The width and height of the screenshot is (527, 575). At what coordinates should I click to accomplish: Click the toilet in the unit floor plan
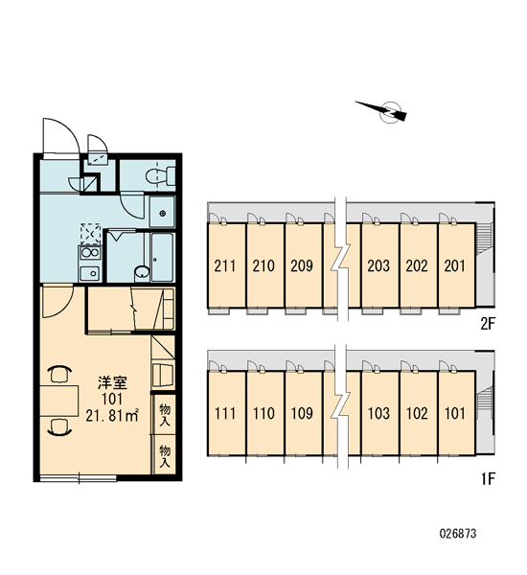[x=161, y=176]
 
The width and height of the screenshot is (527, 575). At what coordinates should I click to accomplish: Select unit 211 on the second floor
[x=226, y=265]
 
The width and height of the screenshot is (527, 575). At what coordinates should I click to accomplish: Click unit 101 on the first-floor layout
[x=456, y=414]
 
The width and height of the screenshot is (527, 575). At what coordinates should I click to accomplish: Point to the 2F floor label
[x=488, y=324]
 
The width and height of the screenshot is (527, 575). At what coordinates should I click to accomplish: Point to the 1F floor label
[x=488, y=479]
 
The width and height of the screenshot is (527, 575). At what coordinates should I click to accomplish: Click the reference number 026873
[x=458, y=533]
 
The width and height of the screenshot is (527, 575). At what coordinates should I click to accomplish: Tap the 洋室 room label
[x=112, y=382]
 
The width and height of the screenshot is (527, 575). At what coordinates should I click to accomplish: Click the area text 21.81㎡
[x=112, y=416]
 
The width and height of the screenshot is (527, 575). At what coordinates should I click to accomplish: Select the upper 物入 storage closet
[x=164, y=414]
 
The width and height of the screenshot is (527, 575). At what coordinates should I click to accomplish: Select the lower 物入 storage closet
[x=164, y=455]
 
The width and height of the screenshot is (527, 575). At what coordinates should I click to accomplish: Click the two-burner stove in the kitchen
[x=90, y=253]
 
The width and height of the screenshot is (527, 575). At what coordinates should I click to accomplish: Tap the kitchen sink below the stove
[x=89, y=272]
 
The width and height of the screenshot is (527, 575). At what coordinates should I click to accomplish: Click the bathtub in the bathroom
[x=162, y=256]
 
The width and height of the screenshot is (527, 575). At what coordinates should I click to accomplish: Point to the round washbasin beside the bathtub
[x=141, y=272]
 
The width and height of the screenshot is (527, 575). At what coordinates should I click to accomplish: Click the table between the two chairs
[x=59, y=401]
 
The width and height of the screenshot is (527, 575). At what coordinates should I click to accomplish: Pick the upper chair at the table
[x=60, y=374]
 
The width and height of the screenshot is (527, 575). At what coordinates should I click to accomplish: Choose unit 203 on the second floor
[x=378, y=265]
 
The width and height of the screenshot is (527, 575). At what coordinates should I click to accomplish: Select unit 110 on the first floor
[x=264, y=414]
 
